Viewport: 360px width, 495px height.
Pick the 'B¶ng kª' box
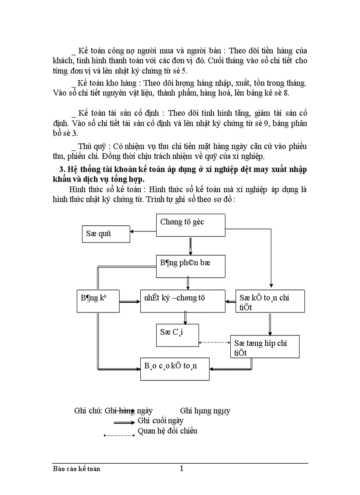coord(97,301)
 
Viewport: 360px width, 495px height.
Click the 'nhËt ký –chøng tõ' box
coord(183,301)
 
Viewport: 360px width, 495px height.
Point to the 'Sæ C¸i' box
coord(177,335)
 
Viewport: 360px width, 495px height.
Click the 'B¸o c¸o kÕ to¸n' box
coord(175,368)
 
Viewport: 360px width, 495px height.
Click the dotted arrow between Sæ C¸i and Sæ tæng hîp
coord(214,342)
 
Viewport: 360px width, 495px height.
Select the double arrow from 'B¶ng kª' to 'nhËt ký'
coord(130,302)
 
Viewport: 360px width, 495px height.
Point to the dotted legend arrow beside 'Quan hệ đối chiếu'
coord(119,435)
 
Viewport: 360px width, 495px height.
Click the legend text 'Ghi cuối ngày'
coord(161,421)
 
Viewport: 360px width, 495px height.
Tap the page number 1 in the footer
coord(181,469)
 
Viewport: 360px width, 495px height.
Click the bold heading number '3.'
coord(62,170)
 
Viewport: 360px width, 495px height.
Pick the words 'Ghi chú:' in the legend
coord(88,411)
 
